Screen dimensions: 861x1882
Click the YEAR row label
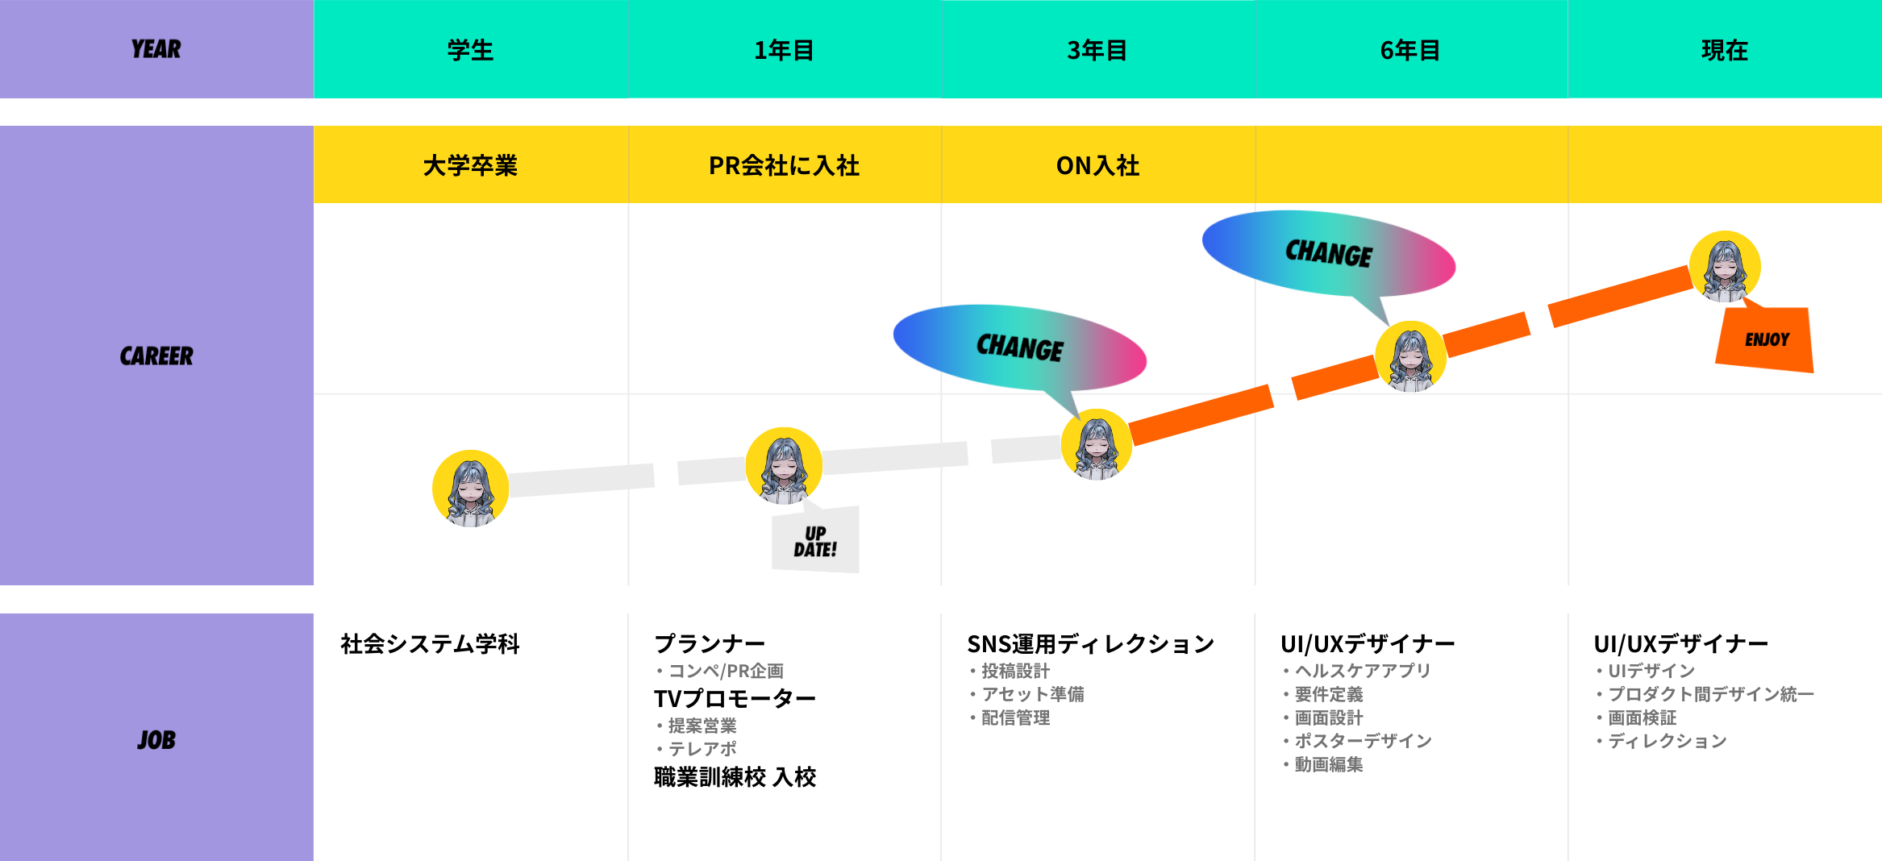156,49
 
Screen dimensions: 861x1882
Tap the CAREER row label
156,356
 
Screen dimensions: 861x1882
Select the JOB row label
156,739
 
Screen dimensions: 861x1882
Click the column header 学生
470,50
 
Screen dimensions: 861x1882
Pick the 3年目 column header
1097,50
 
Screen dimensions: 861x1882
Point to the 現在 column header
1724,50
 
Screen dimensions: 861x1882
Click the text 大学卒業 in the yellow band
470,165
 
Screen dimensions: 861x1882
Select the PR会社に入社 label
784,165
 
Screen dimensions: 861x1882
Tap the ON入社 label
1097,165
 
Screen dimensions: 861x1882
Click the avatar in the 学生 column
470,489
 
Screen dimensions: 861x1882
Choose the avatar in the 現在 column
1725,267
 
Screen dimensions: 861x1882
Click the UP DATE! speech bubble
815,541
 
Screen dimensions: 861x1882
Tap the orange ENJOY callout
1766,339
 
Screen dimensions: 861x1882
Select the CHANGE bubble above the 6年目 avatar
1328,253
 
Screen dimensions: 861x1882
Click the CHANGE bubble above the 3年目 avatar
1019,347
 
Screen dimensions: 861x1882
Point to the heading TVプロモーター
735,698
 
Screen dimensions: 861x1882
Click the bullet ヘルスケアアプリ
1362,671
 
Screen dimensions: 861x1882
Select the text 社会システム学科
430,643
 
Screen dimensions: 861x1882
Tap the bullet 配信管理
1015,717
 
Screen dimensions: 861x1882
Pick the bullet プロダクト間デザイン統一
1710,694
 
